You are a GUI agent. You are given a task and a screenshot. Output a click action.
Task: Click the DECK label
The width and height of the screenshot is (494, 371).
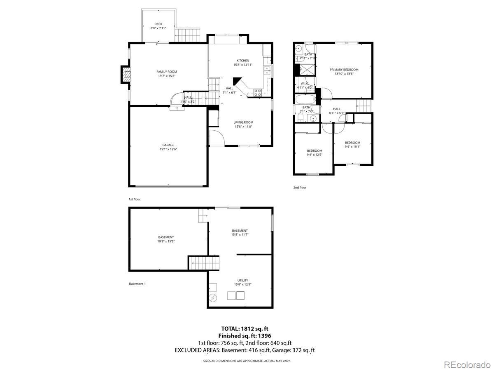coord(158,24)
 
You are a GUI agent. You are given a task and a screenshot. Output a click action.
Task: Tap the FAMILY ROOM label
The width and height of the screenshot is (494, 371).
coord(167,72)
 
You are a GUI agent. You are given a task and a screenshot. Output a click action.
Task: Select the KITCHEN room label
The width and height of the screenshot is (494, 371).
coord(242,61)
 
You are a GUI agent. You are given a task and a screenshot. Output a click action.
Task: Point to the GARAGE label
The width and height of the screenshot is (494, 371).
coord(168,145)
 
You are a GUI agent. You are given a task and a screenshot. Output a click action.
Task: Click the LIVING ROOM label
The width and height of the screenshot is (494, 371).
coord(243,122)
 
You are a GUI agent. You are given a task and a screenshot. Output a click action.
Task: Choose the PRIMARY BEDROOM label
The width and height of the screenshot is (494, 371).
coord(344,70)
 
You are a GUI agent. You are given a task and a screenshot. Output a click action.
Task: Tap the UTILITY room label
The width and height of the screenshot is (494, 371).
coord(242,280)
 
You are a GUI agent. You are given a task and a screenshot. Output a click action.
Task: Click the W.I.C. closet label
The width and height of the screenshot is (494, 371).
coord(305,84)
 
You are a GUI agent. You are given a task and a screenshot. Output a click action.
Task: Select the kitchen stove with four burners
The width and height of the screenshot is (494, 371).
coord(258,93)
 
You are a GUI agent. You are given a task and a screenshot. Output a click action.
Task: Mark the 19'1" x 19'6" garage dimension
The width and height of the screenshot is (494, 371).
coord(168,149)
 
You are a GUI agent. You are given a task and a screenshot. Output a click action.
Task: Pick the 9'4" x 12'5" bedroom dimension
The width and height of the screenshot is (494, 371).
coord(315,155)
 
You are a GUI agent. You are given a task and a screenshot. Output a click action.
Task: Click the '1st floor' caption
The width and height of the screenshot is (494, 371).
coord(135,199)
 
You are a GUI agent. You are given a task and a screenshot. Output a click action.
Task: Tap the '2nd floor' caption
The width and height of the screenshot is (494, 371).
coord(300,188)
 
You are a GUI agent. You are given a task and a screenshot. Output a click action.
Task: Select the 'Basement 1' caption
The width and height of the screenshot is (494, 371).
coord(137,284)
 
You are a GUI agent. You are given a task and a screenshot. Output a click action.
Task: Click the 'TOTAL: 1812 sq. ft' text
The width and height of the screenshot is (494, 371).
coord(245,329)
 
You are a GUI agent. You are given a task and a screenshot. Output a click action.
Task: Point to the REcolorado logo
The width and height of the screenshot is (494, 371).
coord(467,364)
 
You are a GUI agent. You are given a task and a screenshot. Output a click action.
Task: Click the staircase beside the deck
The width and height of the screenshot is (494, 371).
coord(187,35)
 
